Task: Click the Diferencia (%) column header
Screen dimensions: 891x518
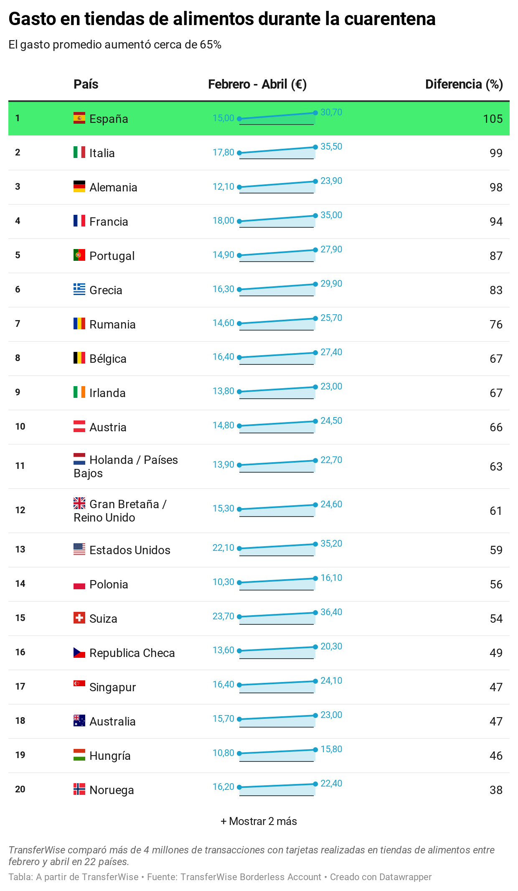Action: pyautogui.click(x=464, y=84)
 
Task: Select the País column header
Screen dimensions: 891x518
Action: pyautogui.click(x=86, y=84)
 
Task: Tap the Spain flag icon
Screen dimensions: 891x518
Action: pyautogui.click(x=79, y=118)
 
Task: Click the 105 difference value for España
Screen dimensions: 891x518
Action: pyautogui.click(x=493, y=119)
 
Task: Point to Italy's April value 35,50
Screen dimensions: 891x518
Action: pyautogui.click(x=331, y=147)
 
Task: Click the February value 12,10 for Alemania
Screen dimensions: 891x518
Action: pyautogui.click(x=223, y=187)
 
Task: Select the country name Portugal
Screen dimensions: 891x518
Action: pyautogui.click(x=112, y=256)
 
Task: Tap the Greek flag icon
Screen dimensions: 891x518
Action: pyautogui.click(x=79, y=289)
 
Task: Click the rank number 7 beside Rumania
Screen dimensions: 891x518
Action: pyautogui.click(x=18, y=323)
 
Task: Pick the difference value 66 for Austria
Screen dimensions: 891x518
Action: pyautogui.click(x=496, y=427)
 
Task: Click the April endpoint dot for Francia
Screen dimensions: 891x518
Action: pyautogui.click(x=315, y=216)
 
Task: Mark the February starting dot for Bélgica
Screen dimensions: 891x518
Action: pyautogui.click(x=239, y=357)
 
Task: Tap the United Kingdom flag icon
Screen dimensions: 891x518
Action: pyautogui.click(x=79, y=503)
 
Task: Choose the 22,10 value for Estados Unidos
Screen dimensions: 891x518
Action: pyautogui.click(x=223, y=548)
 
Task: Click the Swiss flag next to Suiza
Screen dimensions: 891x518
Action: pyautogui.click(x=79, y=618)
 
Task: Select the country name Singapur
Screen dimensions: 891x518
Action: pyautogui.click(x=113, y=687)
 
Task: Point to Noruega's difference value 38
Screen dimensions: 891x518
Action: pyautogui.click(x=496, y=790)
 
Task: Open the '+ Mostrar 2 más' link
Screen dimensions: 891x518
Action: pyautogui.click(x=259, y=821)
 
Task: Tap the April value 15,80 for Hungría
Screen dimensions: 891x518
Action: pyautogui.click(x=331, y=749)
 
